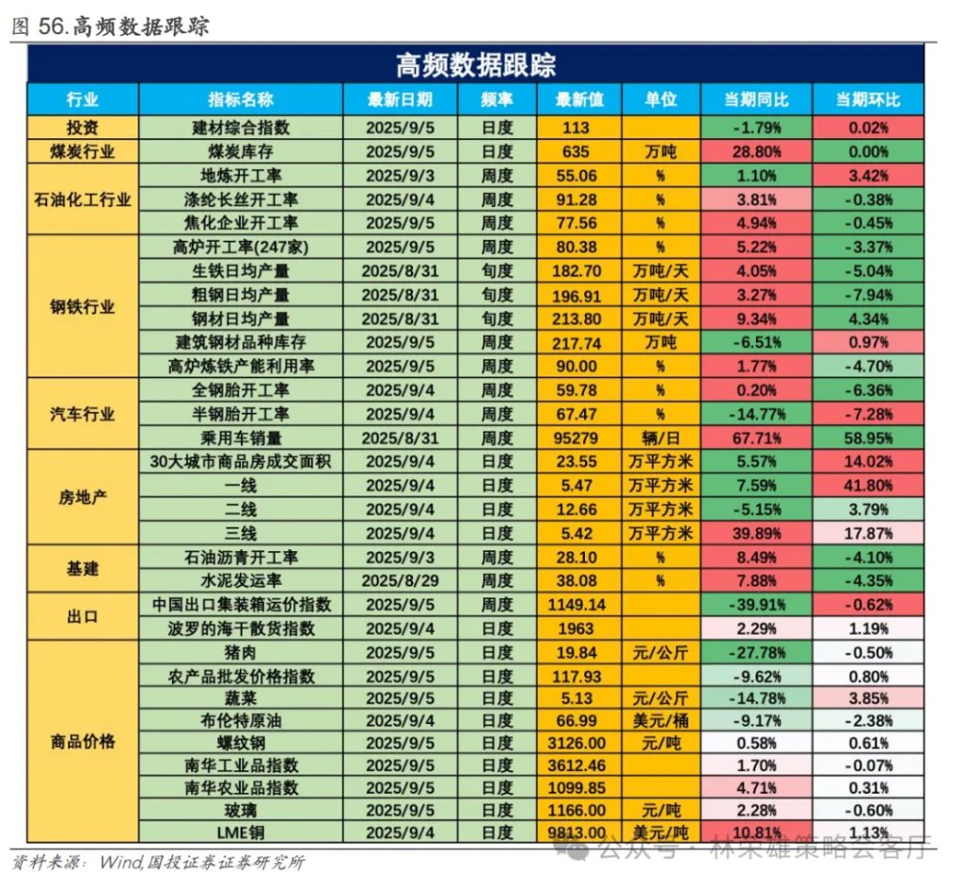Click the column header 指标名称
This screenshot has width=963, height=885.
[x=241, y=100]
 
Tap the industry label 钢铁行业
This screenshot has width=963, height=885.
[x=83, y=307]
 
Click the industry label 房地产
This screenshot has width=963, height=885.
[x=83, y=497]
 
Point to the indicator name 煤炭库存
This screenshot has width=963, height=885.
[x=241, y=150]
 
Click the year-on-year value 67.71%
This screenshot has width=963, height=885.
[x=756, y=437]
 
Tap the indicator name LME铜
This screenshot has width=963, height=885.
[x=241, y=832]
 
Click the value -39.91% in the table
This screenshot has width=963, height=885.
[x=756, y=605]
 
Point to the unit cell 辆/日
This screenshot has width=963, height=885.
[x=660, y=437]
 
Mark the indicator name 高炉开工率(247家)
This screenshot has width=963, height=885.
[x=241, y=247]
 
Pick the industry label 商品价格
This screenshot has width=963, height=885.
[x=83, y=741]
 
